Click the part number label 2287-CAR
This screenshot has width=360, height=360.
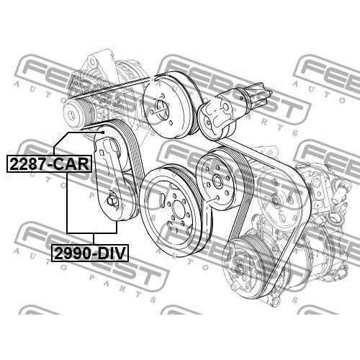pos(49,164)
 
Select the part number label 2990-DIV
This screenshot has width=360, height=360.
pos(90,253)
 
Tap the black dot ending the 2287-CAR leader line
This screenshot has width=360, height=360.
pos(103,132)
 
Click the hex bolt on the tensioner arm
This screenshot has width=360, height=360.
pos(112,200)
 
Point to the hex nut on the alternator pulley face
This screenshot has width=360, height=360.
pos(71,113)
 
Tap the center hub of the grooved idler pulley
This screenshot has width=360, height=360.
pos(217,181)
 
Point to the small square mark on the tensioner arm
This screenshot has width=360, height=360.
pos(102,153)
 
